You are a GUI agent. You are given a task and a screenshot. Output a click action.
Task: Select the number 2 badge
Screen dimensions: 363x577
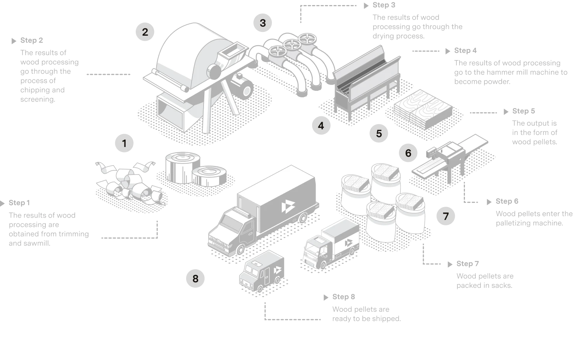pyautogui.click(x=145, y=32)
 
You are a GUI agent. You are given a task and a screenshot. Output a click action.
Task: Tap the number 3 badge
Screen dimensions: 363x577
pyautogui.click(x=263, y=23)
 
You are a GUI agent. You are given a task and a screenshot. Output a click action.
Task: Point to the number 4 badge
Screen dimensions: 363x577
pyautogui.click(x=321, y=126)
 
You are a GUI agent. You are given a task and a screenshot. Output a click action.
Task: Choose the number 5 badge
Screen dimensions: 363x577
pyautogui.click(x=379, y=134)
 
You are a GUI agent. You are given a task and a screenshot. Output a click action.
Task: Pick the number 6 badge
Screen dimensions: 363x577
pyautogui.click(x=408, y=153)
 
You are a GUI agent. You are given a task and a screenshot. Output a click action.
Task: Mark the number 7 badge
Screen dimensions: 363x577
pyautogui.click(x=446, y=216)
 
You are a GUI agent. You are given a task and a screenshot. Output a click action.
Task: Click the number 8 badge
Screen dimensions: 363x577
pyautogui.click(x=195, y=278)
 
